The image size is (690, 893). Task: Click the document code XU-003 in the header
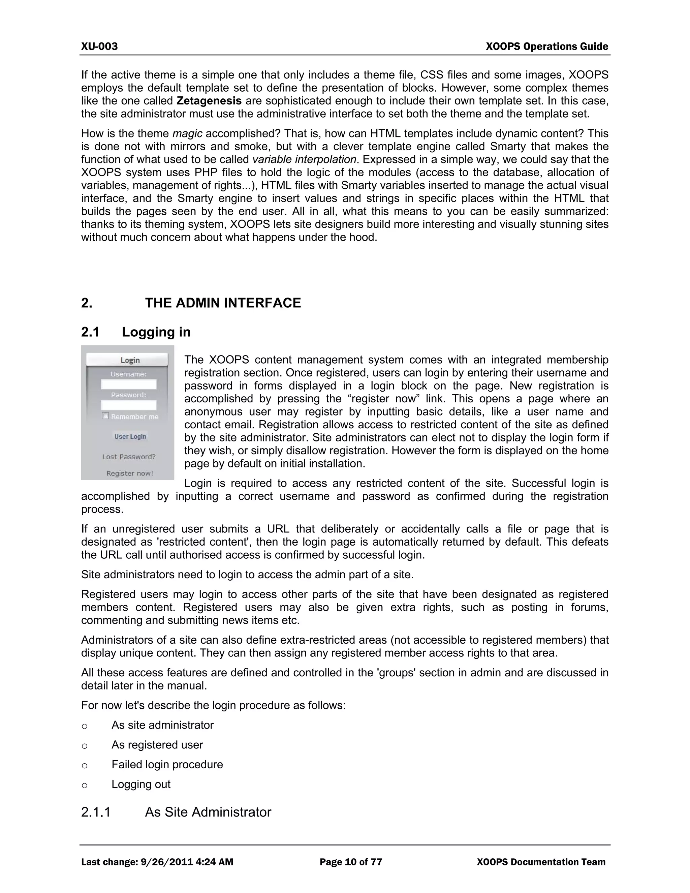[x=99, y=46]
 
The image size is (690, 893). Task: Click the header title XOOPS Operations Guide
[x=546, y=47]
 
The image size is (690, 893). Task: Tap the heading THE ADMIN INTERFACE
[x=223, y=303]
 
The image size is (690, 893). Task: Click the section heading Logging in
[x=156, y=332]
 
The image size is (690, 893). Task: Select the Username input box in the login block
[x=128, y=384]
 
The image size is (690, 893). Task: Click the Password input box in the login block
[x=128, y=405]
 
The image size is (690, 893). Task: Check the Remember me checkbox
[x=105, y=416]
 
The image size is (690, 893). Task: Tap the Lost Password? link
[x=129, y=457]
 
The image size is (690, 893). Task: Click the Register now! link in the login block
[x=130, y=473]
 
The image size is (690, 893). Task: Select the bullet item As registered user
[x=157, y=745]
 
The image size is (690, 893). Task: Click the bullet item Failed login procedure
[x=167, y=765]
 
